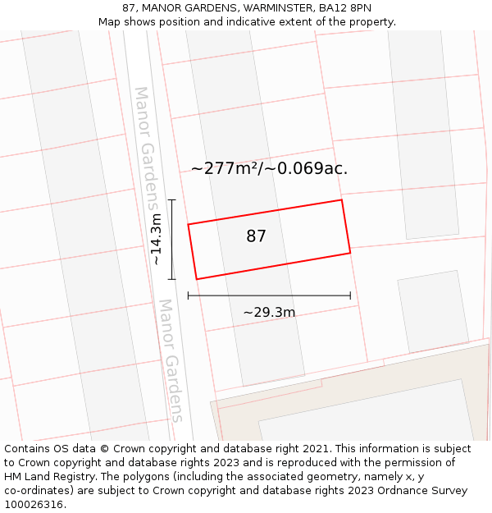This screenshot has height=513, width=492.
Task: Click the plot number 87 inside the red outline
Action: point(256,236)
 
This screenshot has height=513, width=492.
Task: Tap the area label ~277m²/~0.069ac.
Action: point(269,169)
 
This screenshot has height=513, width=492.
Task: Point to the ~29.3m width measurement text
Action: point(269,312)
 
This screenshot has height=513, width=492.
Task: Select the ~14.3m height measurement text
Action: point(155,239)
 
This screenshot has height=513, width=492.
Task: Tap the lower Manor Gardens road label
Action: point(171,360)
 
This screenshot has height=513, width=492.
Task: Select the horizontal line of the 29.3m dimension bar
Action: point(269,295)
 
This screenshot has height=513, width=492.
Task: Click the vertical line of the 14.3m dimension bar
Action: point(171,239)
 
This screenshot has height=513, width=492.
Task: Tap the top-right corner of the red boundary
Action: point(341,200)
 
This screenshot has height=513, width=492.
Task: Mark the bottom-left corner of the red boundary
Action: point(197,279)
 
